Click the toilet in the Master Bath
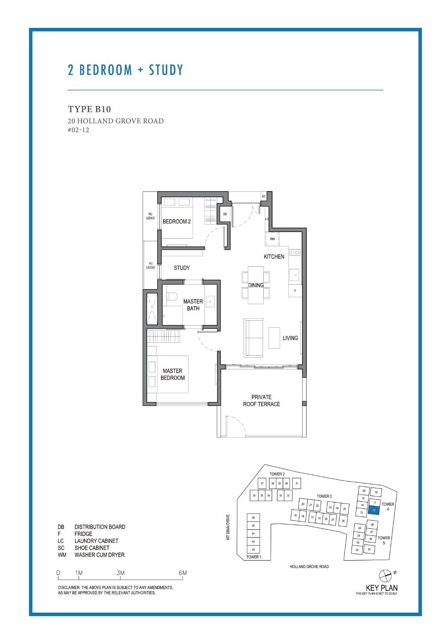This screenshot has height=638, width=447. coord(172,297)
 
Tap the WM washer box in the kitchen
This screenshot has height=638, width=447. coord(272,239)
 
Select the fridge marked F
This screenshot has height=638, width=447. coord(295,291)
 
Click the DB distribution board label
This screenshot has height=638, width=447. coord(225,214)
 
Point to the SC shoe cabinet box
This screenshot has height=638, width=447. coord(264,196)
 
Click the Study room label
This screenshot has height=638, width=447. coord(182,268)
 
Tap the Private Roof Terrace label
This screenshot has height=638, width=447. coord(261,400)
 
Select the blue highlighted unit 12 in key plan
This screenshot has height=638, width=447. coord(374,510)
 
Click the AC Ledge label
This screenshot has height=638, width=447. coord(150,265)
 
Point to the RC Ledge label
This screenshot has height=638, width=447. coord(150,216)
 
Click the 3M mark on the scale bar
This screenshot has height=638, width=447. coord(120,573)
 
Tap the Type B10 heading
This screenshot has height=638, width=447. coord(89,109)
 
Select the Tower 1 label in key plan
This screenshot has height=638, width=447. coord(254,557)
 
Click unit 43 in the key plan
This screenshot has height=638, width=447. coord(253,549)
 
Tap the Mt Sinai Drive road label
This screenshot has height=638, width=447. coord(228,527)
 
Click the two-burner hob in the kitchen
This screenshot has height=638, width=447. coord(295,253)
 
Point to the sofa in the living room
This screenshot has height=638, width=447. coord(253,337)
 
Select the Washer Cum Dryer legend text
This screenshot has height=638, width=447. coord(99,555)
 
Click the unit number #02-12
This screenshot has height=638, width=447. coord(79,130)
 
